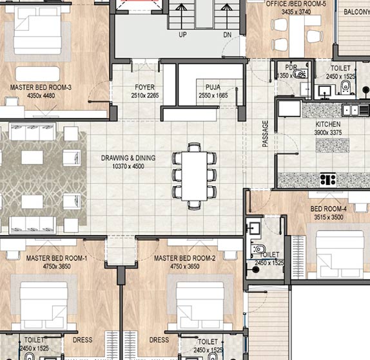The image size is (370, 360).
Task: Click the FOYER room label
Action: [x=144, y=87]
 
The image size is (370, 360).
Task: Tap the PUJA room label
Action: [x=213, y=87]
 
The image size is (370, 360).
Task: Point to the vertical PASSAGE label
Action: [x=265, y=134]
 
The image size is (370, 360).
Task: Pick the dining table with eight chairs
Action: [x=194, y=175]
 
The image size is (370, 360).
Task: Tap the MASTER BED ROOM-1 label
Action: [x=57, y=258]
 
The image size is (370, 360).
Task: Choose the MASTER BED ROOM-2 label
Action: [x=184, y=258]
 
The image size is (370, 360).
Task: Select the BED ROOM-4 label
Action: [x=329, y=210]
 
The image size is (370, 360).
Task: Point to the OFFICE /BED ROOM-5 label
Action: [x=297, y=3]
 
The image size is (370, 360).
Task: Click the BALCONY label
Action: [x=356, y=12]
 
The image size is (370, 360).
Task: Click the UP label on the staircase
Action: [x=182, y=35]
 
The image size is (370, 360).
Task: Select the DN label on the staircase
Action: [x=227, y=35]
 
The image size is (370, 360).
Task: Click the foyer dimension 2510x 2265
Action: [x=144, y=95]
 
